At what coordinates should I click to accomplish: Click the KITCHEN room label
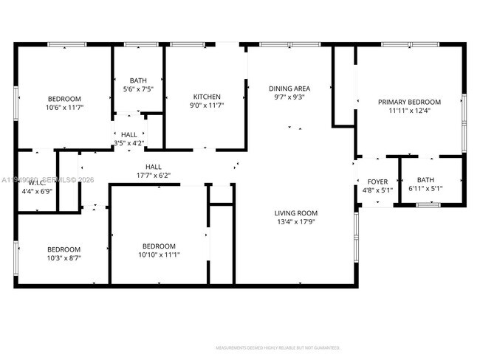[x=207, y=97]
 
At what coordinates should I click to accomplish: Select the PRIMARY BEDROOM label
[x=409, y=102]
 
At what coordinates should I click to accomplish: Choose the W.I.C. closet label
[x=37, y=183]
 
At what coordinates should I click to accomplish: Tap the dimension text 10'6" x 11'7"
[x=64, y=108]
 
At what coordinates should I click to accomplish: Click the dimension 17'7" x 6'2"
[x=154, y=176]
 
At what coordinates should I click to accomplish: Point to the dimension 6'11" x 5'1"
[x=425, y=188]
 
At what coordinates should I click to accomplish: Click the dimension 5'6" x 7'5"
[x=137, y=89]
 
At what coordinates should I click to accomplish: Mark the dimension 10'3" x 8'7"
[x=64, y=258]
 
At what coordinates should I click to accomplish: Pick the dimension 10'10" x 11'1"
[x=159, y=255]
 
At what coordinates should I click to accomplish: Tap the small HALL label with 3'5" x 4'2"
[x=129, y=135]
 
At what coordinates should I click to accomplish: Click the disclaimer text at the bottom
[x=278, y=347]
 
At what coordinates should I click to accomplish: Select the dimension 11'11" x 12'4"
[x=409, y=111]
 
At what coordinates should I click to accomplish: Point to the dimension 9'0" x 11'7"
[x=207, y=105]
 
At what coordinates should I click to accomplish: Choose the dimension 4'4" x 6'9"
[x=35, y=192]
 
